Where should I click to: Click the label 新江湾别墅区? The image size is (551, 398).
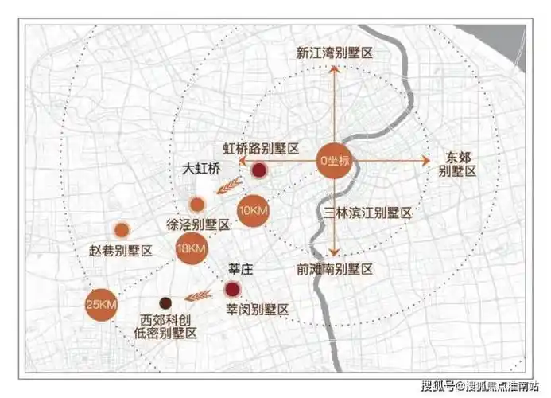pos(335,53)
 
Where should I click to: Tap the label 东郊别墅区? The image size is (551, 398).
pos(458,164)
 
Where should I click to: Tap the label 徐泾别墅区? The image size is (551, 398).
pos(197,224)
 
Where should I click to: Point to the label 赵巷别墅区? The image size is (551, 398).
pos(121,251)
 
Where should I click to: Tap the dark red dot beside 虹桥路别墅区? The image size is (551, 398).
pos(258,170)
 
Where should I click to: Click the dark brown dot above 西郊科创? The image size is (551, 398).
pos(165,303)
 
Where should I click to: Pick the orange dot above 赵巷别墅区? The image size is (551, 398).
pos(122,230)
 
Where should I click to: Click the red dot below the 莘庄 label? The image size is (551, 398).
pos(233,289)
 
